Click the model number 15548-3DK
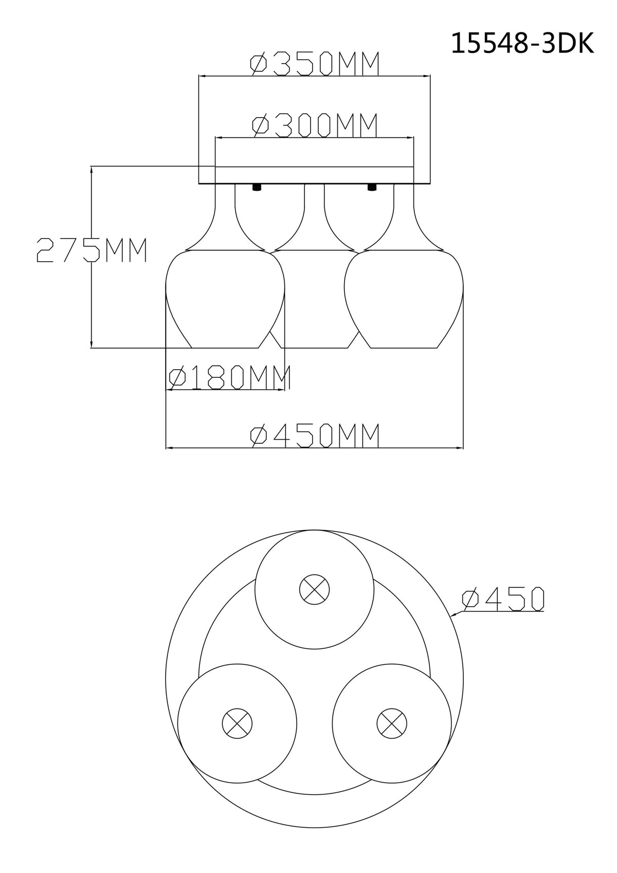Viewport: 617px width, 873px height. [522, 43]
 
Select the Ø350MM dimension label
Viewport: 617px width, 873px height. [315, 64]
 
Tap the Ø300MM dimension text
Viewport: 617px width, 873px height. [315, 125]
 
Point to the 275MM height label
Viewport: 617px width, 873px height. [92, 250]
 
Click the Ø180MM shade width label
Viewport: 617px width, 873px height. [229, 377]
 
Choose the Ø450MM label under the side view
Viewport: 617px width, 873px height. [315, 435]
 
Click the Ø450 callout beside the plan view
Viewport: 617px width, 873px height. [503, 599]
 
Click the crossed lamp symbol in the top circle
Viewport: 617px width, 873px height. [315, 589]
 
